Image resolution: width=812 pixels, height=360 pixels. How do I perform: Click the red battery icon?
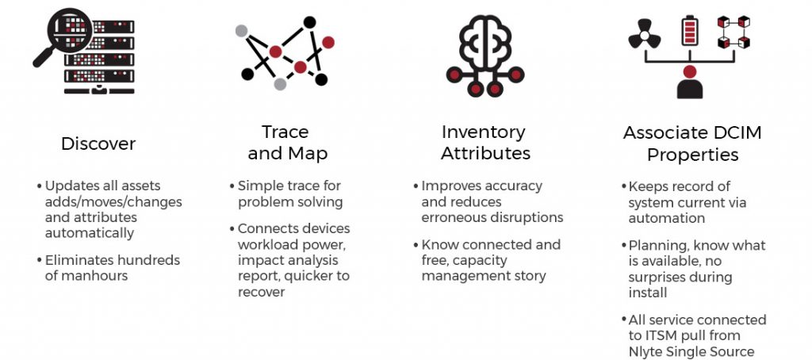pyautogui.click(x=690, y=30)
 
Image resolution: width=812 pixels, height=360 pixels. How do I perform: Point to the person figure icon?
pyautogui.click(x=690, y=82)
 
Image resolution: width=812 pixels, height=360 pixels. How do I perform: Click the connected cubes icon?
pyautogui.click(x=733, y=32)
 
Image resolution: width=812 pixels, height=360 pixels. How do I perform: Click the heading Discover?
pyautogui.click(x=98, y=144)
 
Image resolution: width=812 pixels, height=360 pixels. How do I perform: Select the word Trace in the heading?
pyautogui.click(x=285, y=132)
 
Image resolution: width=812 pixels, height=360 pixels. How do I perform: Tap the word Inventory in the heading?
pyautogui.click(x=483, y=132)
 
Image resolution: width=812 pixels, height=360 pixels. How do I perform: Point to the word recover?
pyautogui.click(x=262, y=292)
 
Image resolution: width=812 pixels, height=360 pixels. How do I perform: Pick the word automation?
pyautogui.click(x=667, y=219)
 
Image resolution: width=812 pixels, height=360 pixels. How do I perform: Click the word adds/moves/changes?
pyautogui.click(x=113, y=202)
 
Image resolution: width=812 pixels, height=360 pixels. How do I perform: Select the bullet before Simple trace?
pyautogui.click(x=232, y=186)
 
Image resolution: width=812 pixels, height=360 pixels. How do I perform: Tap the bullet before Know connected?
pyautogui.click(x=416, y=244)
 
